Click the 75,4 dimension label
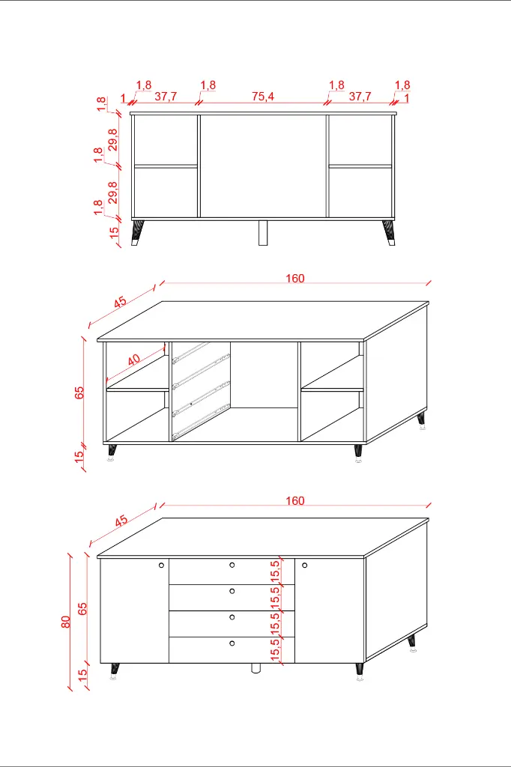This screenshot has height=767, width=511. [263, 97]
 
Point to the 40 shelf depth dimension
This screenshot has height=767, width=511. [133, 360]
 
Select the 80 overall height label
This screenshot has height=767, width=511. [66, 622]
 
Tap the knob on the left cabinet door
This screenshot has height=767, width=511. [162, 566]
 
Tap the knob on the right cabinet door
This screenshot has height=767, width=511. [304, 566]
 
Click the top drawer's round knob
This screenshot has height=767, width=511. [232, 565]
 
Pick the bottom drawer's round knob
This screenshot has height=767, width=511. [232, 643]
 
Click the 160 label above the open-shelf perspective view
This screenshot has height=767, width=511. [294, 279]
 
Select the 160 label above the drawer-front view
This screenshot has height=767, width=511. [294, 501]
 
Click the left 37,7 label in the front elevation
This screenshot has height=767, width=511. [166, 97]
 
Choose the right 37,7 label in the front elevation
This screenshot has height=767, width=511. [360, 97]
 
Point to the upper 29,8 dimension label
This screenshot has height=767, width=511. [112, 140]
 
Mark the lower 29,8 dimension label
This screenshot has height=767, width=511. [112, 192]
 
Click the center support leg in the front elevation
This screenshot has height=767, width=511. [263, 233]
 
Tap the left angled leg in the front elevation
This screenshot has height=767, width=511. [138, 233]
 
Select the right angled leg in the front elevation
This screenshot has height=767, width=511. [389, 233]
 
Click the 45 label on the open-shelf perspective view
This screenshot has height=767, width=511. [121, 303]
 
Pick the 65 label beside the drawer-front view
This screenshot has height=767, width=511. [82, 608]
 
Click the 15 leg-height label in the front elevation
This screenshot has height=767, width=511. [114, 232]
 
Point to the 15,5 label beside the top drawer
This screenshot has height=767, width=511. [275, 571]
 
